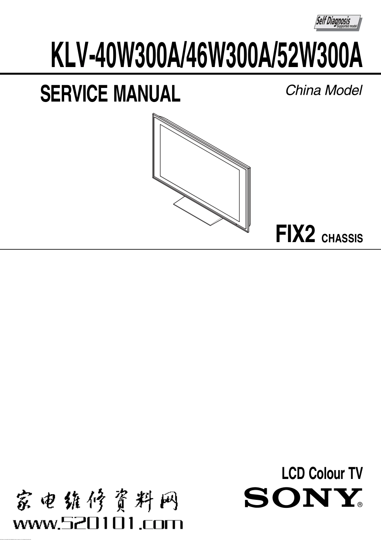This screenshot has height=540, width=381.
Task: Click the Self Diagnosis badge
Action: tap(337, 22)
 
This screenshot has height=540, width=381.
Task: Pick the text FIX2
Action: tap(295, 234)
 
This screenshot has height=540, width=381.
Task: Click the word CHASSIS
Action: tap(342, 238)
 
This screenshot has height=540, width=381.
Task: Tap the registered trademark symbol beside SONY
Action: tap(360, 505)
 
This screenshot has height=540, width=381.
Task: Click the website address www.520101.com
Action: tap(98, 524)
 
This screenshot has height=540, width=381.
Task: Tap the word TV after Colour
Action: tap(355, 474)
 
